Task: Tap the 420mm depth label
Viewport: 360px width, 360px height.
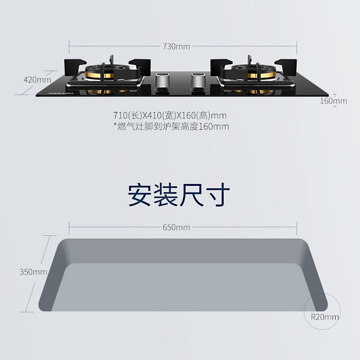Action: (37, 80)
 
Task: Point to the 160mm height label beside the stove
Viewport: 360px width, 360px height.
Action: (333, 101)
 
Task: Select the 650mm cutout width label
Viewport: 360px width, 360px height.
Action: (176, 227)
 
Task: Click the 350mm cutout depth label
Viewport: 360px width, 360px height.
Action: (33, 272)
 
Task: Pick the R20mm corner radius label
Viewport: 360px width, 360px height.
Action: (325, 317)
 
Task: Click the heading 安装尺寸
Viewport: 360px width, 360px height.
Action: (179, 194)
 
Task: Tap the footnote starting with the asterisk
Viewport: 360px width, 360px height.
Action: (171, 126)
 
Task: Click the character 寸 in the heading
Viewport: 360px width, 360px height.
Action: (218, 194)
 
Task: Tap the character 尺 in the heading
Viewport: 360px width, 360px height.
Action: (192, 194)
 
